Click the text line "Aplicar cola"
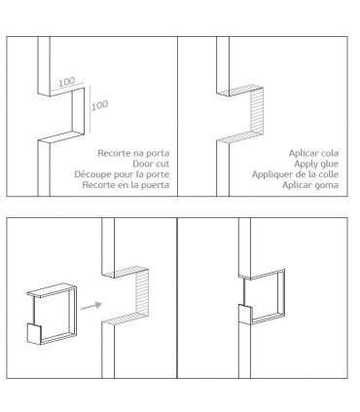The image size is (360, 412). (313, 153)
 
